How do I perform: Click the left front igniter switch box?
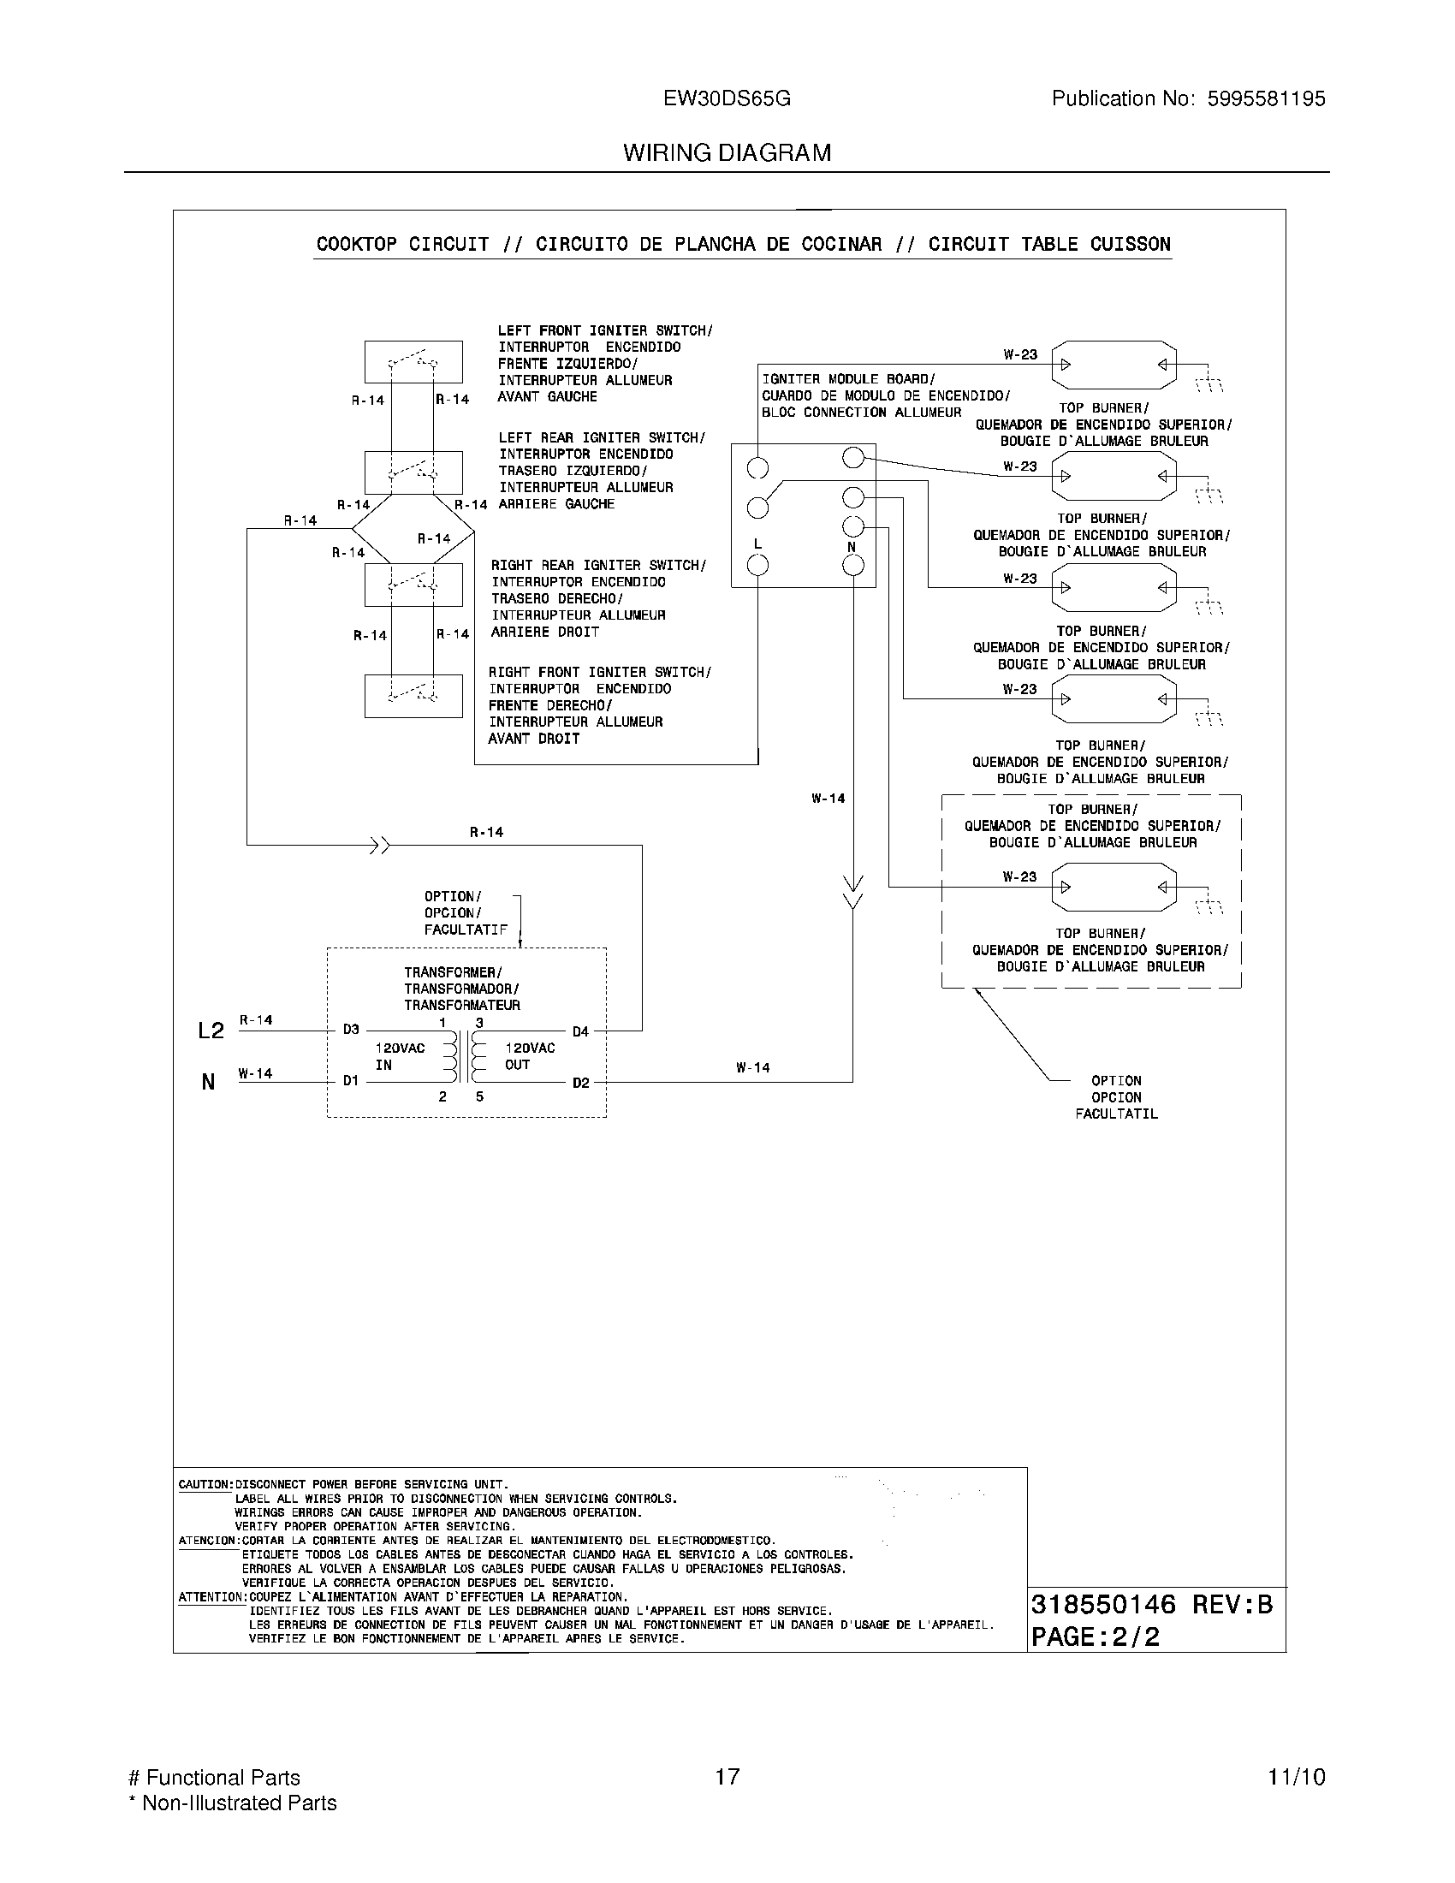coord(413,362)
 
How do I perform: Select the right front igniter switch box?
coord(413,696)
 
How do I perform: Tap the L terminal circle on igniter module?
coord(757,566)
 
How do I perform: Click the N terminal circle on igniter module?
coord(852,566)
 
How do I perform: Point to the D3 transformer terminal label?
coord(351,1030)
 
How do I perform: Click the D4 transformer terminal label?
coord(580,1031)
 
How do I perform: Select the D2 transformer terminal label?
coord(580,1083)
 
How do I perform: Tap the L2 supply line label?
coord(211,1031)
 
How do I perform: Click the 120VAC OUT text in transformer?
coord(529,1056)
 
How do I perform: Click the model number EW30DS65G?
coord(727,99)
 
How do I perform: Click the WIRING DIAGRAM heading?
coord(727,153)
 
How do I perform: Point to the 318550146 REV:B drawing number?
coord(1151,1605)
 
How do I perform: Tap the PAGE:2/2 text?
coord(1096,1636)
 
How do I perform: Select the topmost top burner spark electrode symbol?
coord(1114,364)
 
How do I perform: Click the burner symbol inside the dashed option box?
coord(1114,888)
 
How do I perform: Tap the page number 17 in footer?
coord(727,1777)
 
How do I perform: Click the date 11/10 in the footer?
coord(1296,1777)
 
